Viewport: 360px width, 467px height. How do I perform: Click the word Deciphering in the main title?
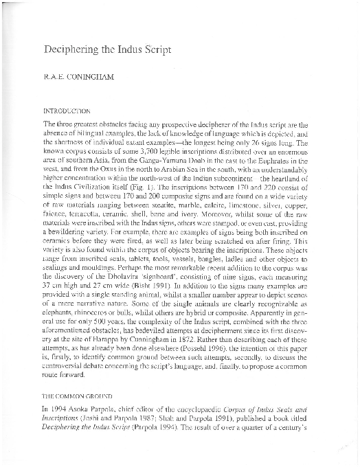tap(71, 50)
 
